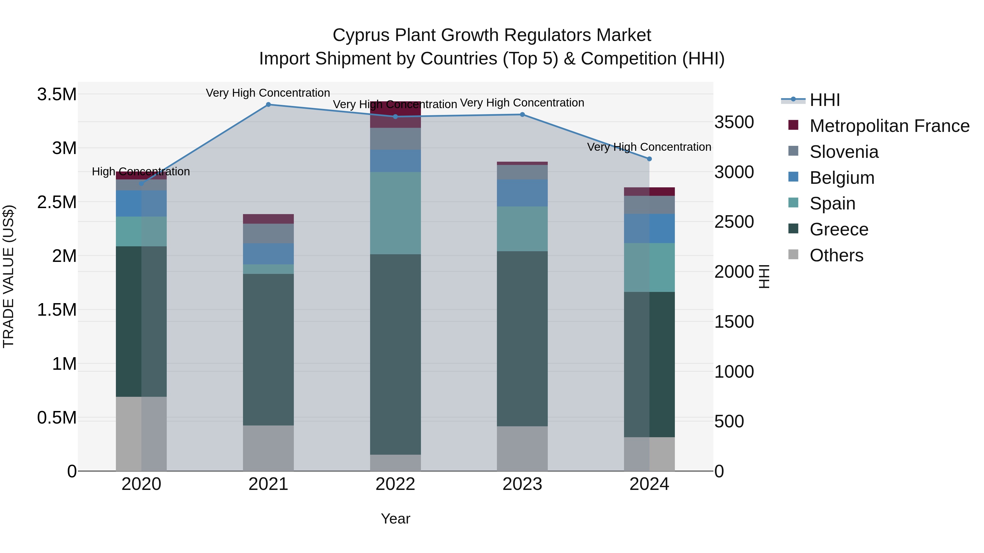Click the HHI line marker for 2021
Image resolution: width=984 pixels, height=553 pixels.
point(268,104)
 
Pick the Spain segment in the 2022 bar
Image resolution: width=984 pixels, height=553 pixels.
point(395,213)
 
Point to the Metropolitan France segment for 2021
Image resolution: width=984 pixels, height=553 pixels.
point(268,219)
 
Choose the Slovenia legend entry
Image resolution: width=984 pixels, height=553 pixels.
point(844,152)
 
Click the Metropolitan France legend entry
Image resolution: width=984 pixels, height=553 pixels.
point(889,126)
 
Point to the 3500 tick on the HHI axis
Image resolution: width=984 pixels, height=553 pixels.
point(734,122)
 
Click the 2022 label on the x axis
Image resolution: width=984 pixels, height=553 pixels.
point(395,484)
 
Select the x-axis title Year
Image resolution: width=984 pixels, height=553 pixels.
point(395,518)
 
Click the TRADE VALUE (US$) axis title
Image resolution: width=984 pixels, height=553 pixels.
point(8,276)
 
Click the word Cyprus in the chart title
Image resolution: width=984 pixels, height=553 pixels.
point(361,35)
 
